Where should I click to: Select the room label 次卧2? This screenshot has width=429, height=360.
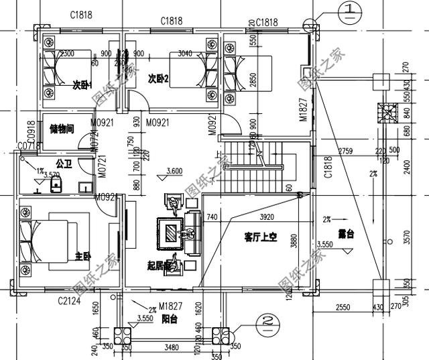point(158,79)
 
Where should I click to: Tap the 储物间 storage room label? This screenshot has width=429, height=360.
point(61,129)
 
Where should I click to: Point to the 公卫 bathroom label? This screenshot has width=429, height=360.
point(64,163)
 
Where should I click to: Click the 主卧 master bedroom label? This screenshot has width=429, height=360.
point(83,255)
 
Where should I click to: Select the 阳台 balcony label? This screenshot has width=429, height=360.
point(170,320)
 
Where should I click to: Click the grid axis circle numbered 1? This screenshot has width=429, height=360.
point(309,25)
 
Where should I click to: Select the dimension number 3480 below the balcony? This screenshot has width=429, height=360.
point(172,348)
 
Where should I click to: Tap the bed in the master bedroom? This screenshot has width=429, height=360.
point(50,238)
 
